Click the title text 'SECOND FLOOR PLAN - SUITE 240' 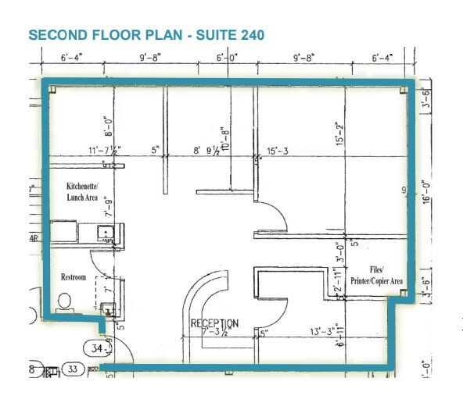tap(145, 35)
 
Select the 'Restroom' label tap(74, 277)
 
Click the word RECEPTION tap(215, 323)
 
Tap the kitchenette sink tap(103, 232)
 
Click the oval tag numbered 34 tap(97, 348)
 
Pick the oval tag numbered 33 tap(74, 369)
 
